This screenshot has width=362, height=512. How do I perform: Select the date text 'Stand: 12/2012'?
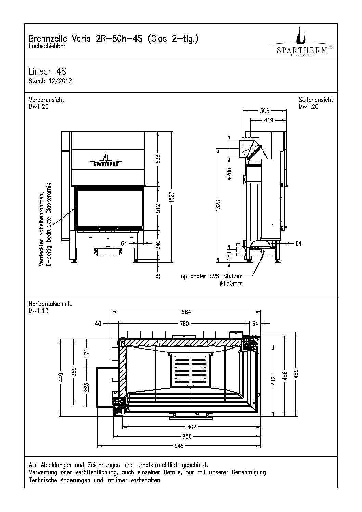(x=50, y=81)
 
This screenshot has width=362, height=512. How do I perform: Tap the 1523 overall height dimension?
(x=172, y=197)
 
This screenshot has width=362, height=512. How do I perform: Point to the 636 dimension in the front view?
(x=158, y=159)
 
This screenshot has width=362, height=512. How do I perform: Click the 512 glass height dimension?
(x=158, y=208)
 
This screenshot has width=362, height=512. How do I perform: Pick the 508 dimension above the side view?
(x=265, y=111)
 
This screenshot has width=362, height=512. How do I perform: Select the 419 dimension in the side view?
(x=269, y=120)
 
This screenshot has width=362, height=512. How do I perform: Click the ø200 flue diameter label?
(x=229, y=174)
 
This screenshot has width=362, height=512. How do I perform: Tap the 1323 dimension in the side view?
(x=218, y=206)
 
